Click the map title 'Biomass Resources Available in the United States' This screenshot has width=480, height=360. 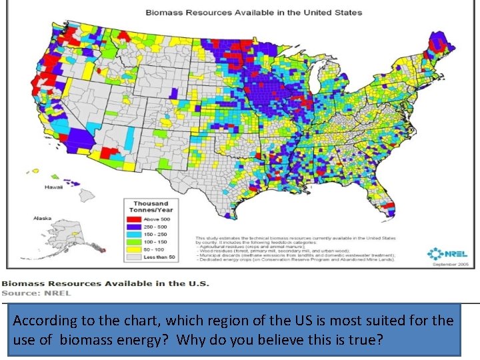click(254, 12)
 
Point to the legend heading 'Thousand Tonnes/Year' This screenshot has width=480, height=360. click(151, 206)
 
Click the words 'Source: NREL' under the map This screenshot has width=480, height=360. click(36, 293)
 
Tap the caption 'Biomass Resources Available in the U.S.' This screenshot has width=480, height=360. click(105, 283)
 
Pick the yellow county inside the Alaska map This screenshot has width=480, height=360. click(75, 235)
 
